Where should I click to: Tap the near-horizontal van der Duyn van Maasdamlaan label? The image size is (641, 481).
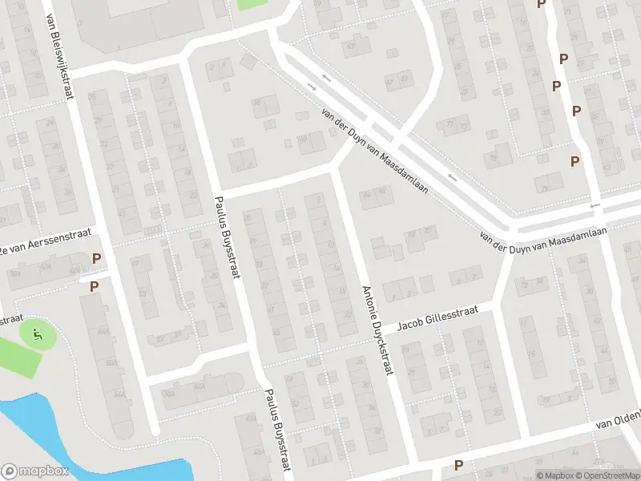pos(542,233)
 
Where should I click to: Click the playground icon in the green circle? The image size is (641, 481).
pos(35,332)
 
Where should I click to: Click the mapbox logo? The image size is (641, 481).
pos(35,471)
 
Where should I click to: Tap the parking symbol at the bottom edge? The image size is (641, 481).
pos(459,465)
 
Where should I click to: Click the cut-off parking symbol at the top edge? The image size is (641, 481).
pos(541,4)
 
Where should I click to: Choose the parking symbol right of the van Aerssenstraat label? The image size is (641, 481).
pos(97,259)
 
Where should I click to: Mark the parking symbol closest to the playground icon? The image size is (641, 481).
pos(94,287)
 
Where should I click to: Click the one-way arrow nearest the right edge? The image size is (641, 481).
pos(595,206)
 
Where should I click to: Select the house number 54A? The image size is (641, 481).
pos(119,394)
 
